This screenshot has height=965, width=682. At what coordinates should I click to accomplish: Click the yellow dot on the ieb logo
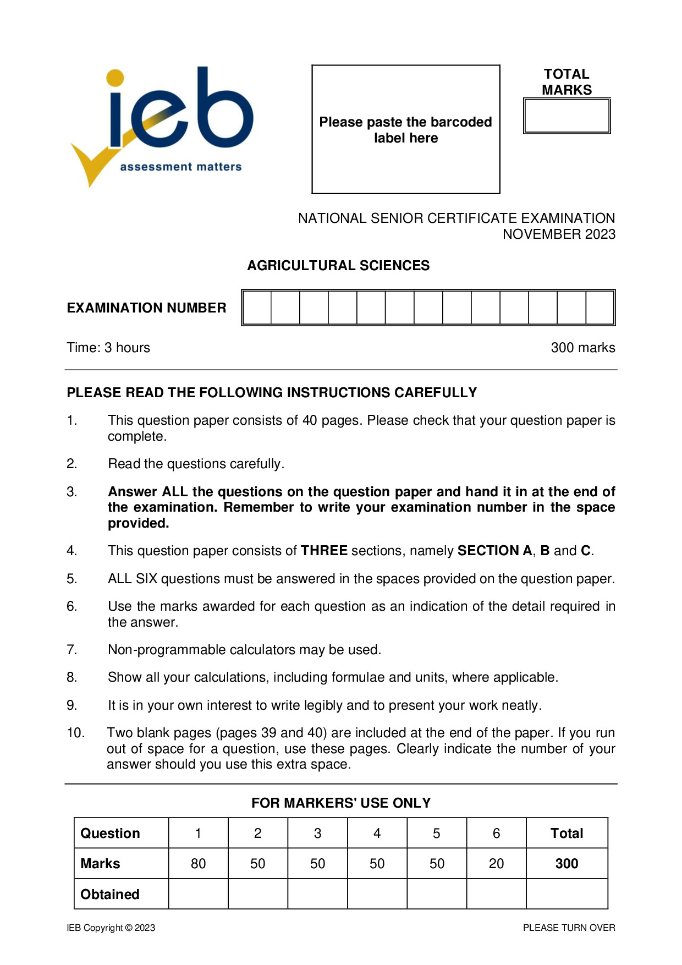click(x=115, y=78)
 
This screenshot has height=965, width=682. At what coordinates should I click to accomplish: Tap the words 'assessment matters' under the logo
click(x=180, y=167)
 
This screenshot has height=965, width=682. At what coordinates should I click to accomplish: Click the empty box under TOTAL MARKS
click(x=566, y=116)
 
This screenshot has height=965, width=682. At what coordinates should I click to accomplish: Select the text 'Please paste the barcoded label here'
click(x=405, y=130)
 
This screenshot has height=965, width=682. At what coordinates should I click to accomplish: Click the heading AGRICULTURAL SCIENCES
click(x=338, y=265)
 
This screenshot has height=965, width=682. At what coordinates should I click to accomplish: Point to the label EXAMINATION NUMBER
click(x=146, y=308)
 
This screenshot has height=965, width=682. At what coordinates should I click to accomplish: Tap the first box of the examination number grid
click(x=257, y=308)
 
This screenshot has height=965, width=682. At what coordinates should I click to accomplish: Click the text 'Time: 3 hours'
click(x=108, y=348)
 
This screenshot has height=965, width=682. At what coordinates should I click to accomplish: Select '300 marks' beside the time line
click(x=582, y=348)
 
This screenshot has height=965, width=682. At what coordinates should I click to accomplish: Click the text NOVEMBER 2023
click(x=559, y=234)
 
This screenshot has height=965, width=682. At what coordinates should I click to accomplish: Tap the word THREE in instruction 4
click(x=324, y=551)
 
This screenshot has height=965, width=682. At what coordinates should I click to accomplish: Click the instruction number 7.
click(x=71, y=650)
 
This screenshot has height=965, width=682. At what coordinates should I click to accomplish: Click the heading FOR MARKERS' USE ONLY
click(x=341, y=803)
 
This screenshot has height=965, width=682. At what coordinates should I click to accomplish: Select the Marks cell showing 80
click(x=198, y=864)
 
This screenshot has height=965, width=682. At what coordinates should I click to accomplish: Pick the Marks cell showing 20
click(x=496, y=864)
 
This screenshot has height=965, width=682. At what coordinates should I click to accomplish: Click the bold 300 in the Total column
click(x=566, y=864)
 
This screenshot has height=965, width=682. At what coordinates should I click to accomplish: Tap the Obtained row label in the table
click(x=110, y=894)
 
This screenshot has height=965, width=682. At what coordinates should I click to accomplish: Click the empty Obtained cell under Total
click(x=566, y=894)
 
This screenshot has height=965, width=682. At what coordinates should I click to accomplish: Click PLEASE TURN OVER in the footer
click(x=569, y=928)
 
